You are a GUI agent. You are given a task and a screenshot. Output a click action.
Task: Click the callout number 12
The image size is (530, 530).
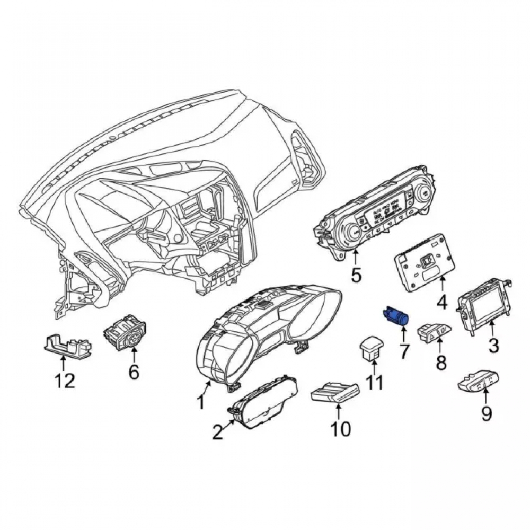[65, 382]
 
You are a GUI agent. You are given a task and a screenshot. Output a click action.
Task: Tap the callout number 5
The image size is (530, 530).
[356, 275]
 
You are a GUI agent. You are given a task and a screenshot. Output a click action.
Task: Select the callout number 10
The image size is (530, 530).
[341, 429]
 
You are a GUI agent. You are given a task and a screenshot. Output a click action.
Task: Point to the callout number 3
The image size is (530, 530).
[493, 346]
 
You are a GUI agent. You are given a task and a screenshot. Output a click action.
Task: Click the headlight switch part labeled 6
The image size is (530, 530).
[125, 331]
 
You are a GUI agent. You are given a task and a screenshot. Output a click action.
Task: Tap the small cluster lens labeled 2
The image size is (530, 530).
[263, 403]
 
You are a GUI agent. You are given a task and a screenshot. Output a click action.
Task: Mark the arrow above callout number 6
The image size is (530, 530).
[134, 356]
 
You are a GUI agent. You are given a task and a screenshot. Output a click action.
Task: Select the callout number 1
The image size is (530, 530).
[201, 402]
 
